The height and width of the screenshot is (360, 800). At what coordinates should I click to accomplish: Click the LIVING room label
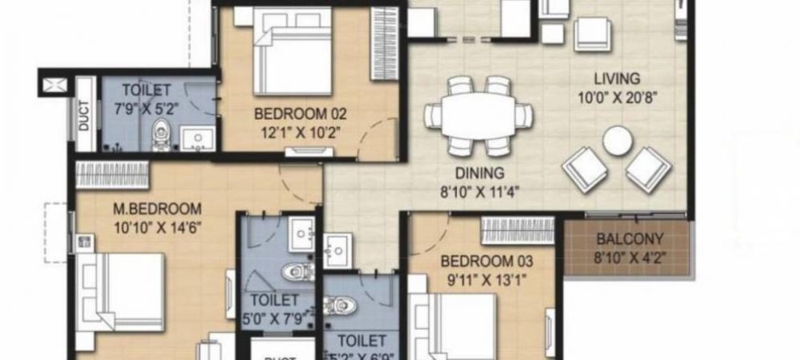tap(617, 78)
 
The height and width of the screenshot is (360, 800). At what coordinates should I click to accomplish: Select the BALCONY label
tap(630, 238)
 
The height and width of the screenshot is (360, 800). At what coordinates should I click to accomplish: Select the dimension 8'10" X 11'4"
tap(478, 190)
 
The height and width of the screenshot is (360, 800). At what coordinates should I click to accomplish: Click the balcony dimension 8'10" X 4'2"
tap(630, 256)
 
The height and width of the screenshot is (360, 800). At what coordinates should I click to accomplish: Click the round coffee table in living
tap(617, 142)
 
